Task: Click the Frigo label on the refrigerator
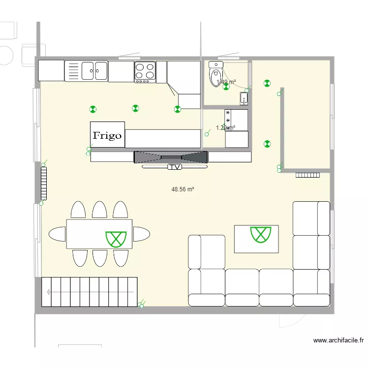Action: (107, 135)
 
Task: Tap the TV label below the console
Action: (174, 167)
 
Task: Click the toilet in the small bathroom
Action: (215, 74)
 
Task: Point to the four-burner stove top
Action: (145, 71)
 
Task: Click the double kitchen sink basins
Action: (94, 70)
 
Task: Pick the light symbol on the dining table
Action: (116, 238)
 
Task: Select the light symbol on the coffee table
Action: (261, 235)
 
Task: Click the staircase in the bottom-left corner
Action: (89, 291)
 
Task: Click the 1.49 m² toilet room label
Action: (226, 82)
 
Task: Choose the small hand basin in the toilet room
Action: (244, 99)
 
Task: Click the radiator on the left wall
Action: (43, 182)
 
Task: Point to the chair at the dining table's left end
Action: (57, 234)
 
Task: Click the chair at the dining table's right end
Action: (142, 234)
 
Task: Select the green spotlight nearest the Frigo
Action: (92, 109)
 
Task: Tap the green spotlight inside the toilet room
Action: (226, 87)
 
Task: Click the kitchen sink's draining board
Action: (72, 71)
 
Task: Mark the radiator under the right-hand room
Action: (308, 174)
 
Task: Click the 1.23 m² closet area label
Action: (225, 128)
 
